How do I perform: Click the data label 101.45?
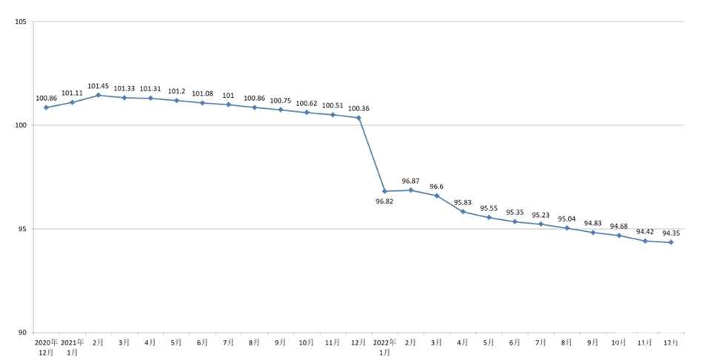tap(99, 86)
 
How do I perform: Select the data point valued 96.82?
tap(384, 191)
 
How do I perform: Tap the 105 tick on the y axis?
tap(21, 22)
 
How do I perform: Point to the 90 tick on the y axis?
tap(22, 333)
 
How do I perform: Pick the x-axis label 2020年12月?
tap(46, 347)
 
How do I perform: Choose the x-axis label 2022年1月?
tap(384, 347)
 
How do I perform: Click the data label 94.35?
tap(671, 233)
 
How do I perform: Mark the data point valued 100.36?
tap(358, 118)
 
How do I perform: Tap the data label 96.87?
tap(411, 181)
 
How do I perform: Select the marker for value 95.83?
tap(463, 211)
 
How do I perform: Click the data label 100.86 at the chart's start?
tap(46, 98)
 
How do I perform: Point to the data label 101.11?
tap(72, 93)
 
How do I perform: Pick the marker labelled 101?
tap(228, 104)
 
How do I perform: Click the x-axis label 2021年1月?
tap(72, 347)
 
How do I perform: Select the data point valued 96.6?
tap(437, 196)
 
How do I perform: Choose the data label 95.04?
tap(567, 219)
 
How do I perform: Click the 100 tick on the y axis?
tap(21, 125)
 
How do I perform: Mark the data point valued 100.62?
tap(307, 112)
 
